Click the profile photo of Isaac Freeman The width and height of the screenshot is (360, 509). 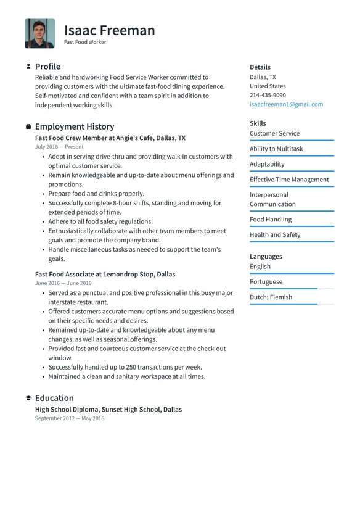[39, 33]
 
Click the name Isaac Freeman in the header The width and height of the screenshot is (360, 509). [109, 30]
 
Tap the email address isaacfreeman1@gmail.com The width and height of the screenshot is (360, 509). [286, 104]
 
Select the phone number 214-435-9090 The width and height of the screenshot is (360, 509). [268, 95]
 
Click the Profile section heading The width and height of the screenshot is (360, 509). [47, 66]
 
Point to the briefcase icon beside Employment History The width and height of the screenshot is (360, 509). [28, 126]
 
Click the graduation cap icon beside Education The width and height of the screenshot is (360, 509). [28, 398]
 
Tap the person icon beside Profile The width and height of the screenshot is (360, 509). [28, 66]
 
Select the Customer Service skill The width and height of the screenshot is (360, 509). [274, 133]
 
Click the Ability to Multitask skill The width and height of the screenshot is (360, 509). [276, 149]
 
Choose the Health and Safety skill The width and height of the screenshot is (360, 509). [275, 234]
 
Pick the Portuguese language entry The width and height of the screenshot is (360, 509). [266, 281]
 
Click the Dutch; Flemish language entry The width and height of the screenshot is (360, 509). [271, 297]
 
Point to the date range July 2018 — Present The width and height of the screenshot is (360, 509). [59, 147]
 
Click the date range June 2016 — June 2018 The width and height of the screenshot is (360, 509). [63, 283]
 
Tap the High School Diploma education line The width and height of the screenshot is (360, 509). [108, 409]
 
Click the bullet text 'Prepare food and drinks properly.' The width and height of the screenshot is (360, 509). [96, 194]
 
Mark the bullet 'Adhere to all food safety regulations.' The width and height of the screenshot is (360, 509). [100, 221]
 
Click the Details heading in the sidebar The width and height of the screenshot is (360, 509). [260, 67]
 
